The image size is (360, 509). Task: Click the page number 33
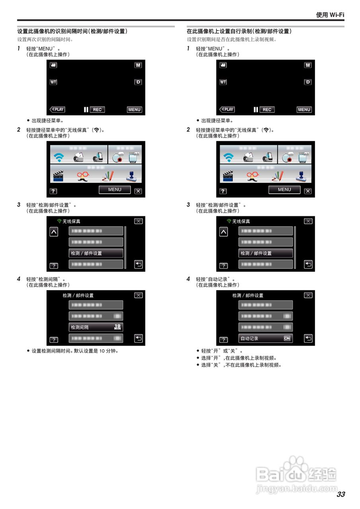click(x=341, y=494)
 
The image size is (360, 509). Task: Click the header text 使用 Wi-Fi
click(x=330, y=15)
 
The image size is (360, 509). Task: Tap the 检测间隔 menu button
click(x=96, y=327)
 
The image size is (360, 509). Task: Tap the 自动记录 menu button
click(x=265, y=338)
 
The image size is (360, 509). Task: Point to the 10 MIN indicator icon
click(x=117, y=327)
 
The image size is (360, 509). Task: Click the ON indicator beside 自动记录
click(x=287, y=338)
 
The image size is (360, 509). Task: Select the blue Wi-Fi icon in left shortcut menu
click(x=59, y=157)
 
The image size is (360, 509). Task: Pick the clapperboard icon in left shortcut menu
click(x=59, y=175)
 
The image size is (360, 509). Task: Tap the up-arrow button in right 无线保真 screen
click(x=224, y=232)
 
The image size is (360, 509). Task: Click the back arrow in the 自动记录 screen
click(x=308, y=338)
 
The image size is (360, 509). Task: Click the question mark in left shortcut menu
click(x=53, y=191)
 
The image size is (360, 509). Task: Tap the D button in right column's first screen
click(x=307, y=82)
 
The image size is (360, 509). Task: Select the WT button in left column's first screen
click(x=53, y=82)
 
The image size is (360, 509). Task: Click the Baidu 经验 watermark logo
click(x=296, y=475)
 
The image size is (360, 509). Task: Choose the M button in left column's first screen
click(x=138, y=65)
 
